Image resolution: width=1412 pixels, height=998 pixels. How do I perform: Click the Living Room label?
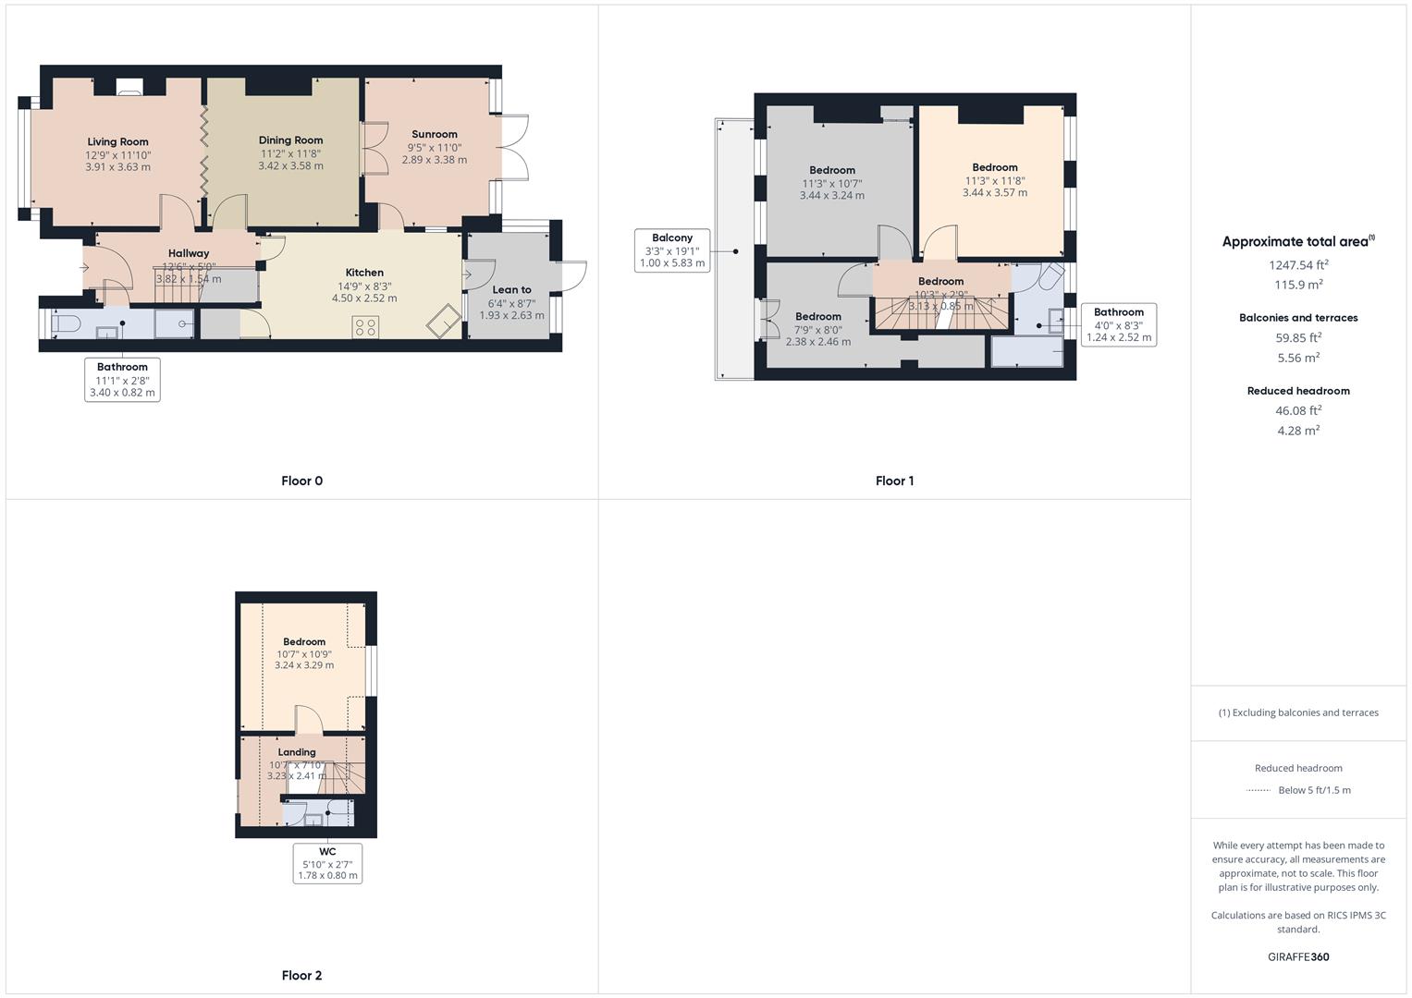117,142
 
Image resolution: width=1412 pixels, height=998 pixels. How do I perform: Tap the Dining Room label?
290,140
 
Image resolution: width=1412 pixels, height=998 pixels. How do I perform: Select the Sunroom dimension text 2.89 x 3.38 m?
434,160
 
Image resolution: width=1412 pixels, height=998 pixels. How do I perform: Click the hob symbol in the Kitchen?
365,327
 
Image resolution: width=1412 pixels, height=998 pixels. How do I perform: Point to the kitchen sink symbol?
444,321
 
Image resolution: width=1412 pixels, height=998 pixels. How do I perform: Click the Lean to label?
511,290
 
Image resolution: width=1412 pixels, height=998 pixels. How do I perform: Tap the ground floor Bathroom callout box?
122,380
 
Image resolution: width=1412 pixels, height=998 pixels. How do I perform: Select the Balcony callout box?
672,250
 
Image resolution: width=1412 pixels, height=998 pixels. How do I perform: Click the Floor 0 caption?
301,481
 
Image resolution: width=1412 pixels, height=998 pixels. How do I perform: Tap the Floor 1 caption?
894,481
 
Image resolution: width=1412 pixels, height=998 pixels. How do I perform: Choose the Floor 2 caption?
301,975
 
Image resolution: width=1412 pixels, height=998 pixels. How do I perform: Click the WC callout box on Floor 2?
327,863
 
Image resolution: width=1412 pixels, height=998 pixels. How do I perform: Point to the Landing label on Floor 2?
297,752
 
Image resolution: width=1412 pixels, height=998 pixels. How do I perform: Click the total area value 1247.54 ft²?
1298,265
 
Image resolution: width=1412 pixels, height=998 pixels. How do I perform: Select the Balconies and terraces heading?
1298,318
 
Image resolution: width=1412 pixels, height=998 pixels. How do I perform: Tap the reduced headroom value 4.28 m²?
1298,431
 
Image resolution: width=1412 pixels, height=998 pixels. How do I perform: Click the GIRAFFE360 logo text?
1298,957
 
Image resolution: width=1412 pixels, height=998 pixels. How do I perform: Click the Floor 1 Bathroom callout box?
1119,324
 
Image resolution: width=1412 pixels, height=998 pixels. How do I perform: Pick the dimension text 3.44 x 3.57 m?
995,193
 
